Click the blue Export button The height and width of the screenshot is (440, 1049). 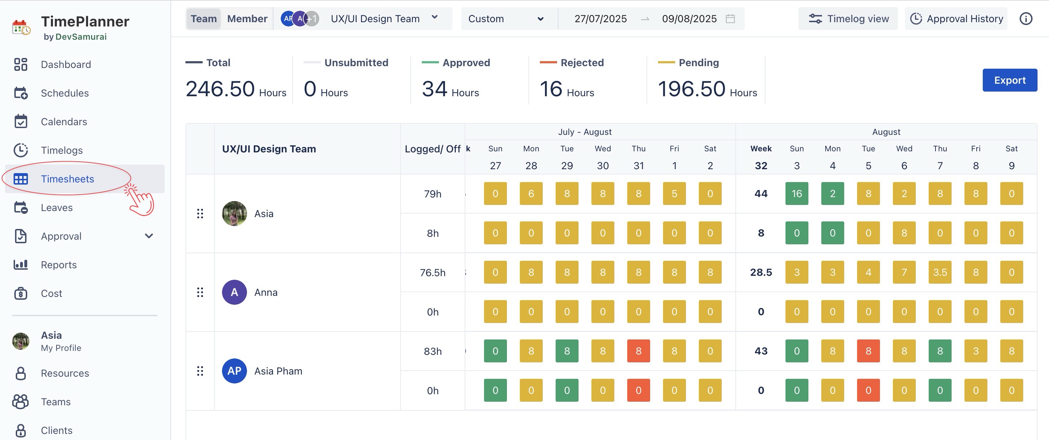coord(1010,80)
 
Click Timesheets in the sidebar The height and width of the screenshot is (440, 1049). coord(67,179)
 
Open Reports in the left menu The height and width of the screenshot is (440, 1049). coord(59,265)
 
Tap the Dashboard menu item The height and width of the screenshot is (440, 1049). coord(66,64)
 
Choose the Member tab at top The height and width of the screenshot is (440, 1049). coord(247,19)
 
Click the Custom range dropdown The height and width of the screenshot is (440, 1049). coord(506,19)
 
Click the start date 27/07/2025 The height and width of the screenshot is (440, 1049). coord(600,19)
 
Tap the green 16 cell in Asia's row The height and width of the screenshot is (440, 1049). coord(797,194)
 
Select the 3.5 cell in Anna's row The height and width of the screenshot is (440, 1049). coord(940,272)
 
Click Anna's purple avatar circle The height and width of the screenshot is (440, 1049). coord(234,292)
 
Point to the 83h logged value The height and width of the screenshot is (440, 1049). coord(432,351)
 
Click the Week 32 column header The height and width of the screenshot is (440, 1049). coord(761,157)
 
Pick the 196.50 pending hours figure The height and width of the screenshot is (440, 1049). coord(691,89)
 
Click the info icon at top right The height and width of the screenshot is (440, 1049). coord(1026,19)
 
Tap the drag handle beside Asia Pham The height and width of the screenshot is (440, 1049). coord(200,371)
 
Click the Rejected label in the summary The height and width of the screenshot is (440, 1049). coord(582,63)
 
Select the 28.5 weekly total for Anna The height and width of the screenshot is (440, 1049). coord(761,272)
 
